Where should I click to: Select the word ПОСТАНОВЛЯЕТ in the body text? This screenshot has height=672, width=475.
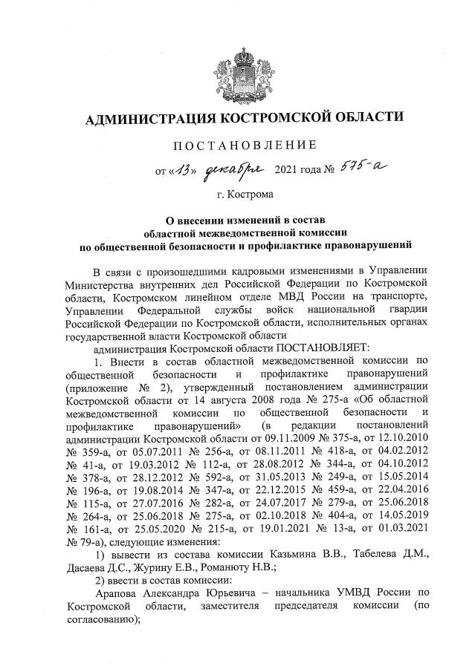(320, 346)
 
